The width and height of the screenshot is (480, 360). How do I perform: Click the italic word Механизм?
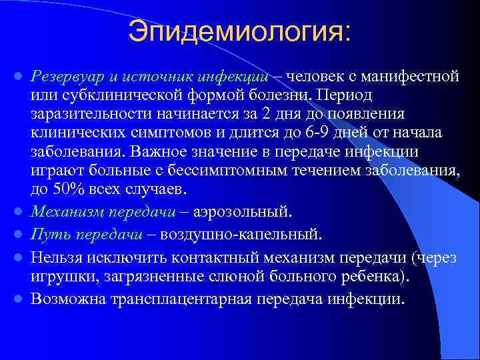pyautogui.click(x=66, y=212)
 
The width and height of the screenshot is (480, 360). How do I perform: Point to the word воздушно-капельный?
pyautogui.click(x=256, y=235)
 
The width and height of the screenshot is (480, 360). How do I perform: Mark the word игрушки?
pyautogui.click(x=58, y=276)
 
